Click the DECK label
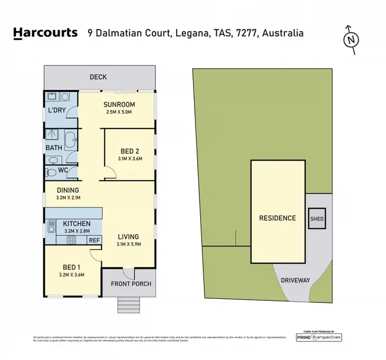(98, 77)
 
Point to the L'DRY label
(56, 111)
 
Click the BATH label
(54, 148)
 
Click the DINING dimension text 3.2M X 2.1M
(68, 197)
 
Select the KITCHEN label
(77, 224)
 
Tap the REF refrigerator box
(94, 239)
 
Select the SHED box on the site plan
(317, 219)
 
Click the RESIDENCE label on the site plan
(277, 218)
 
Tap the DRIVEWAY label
(295, 280)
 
